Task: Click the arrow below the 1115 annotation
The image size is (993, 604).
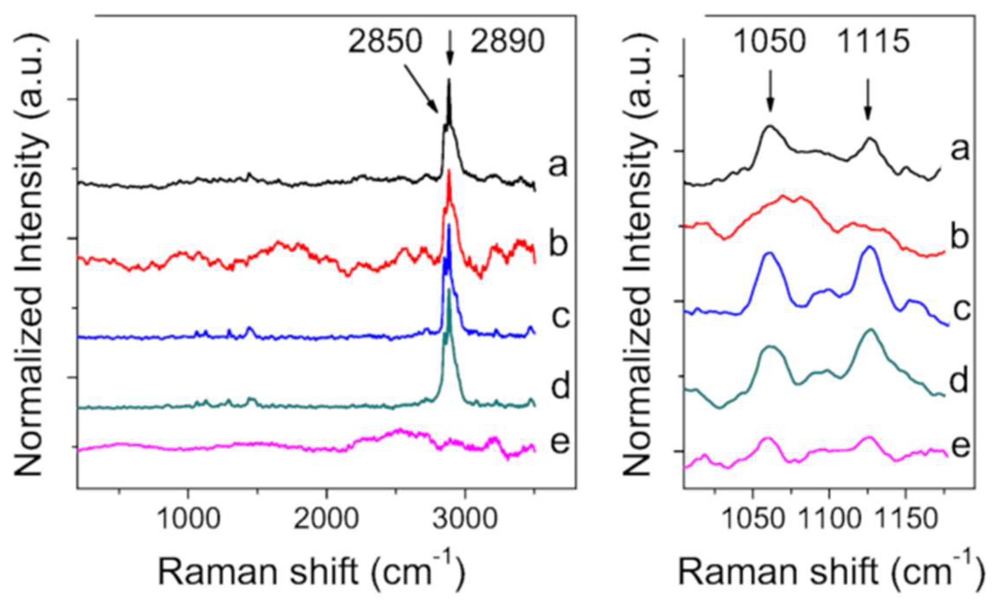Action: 868,99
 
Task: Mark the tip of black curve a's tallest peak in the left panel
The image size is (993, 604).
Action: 449,80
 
